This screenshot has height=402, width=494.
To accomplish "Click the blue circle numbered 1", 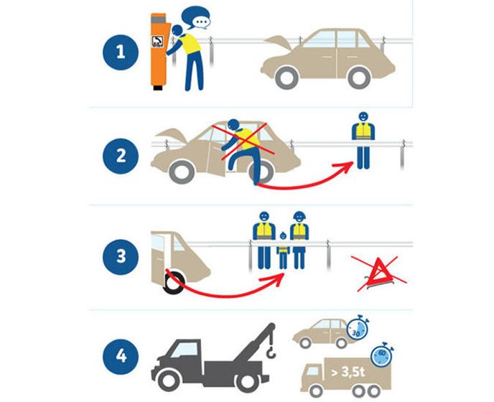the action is (x=121, y=52).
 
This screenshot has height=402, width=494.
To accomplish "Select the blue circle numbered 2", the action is (x=121, y=156).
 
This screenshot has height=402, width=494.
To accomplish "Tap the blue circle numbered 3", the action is (x=121, y=257).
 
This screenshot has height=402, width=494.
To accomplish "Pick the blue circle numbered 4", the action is (x=121, y=357).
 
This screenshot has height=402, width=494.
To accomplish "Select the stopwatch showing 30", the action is (x=358, y=328).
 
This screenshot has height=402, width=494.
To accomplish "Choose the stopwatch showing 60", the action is (x=381, y=355).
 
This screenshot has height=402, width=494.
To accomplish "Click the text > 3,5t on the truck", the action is (x=348, y=372).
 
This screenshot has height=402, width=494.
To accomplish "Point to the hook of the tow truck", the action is (x=271, y=353).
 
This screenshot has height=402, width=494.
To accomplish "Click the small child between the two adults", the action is (x=284, y=251).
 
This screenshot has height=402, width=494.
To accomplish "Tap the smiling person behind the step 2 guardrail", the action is (x=363, y=140).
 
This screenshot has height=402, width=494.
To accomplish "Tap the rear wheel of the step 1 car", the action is (x=359, y=78).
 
